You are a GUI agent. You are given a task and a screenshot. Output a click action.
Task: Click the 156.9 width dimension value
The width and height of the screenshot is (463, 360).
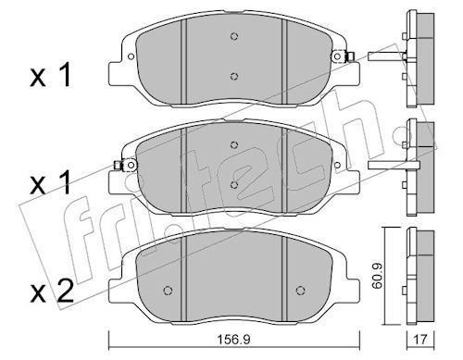tap(233, 340)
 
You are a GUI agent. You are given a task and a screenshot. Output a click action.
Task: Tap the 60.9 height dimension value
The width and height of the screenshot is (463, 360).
tap(377, 276)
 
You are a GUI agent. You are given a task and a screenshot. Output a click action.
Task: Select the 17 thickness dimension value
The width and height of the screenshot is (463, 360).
tap(420, 340)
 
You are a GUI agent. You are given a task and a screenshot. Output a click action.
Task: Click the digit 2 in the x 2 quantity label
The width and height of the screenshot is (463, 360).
tap(66, 291)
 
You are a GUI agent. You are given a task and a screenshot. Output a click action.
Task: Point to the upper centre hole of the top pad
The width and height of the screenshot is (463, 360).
tap(234, 36)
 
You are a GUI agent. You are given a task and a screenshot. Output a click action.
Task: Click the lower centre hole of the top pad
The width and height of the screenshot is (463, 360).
tap(234, 76)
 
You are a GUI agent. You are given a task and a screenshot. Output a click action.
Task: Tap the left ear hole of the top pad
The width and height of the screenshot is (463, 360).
tap(131, 56)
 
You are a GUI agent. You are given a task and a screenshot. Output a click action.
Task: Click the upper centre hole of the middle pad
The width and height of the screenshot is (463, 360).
tap(234, 144)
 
